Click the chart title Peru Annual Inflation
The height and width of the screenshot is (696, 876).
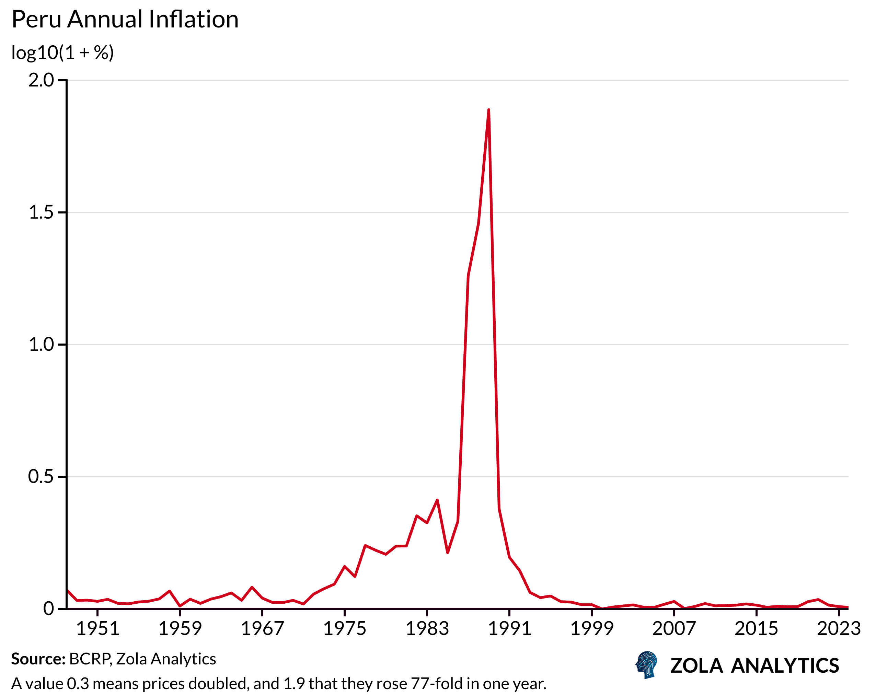pos(125,20)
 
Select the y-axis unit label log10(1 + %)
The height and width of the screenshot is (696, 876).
pos(62,53)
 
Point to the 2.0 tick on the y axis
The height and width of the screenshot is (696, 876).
pos(41,80)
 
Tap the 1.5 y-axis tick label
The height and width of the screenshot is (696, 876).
pos(41,212)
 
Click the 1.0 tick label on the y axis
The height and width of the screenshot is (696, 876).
pos(41,345)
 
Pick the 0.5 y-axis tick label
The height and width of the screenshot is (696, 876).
pos(41,477)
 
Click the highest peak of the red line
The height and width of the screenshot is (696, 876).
pos(488,110)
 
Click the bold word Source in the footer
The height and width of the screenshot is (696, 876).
pos(38,659)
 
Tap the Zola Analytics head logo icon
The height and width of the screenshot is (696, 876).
pos(646,665)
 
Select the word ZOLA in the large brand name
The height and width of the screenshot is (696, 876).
pos(696,666)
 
